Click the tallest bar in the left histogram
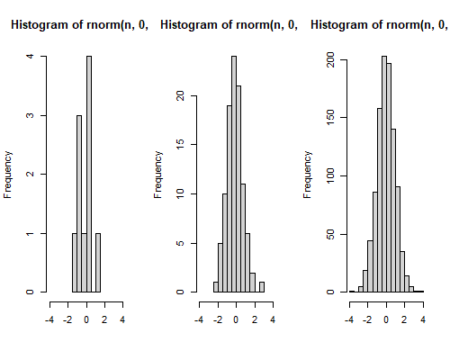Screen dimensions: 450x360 (x=89, y=174)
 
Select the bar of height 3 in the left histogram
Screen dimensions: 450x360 (x=79, y=203)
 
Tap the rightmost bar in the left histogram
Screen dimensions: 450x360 (x=98, y=263)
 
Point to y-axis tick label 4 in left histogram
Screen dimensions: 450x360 (x=31, y=56)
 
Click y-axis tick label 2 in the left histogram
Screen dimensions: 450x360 (x=31, y=174)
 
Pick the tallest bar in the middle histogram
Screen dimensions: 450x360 (x=234, y=174)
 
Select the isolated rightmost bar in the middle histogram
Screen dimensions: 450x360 (x=262, y=287)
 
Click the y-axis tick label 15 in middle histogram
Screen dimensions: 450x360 (x=180, y=145)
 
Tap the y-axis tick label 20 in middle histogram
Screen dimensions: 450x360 (x=180, y=95)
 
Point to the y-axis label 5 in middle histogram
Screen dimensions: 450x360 (x=180, y=243)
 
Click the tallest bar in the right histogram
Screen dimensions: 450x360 (x=384, y=174)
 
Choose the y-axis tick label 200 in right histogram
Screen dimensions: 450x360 (x=330, y=59)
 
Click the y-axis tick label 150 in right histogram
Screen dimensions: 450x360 (x=330, y=117)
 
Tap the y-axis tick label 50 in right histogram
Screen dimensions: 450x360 (x=330, y=234)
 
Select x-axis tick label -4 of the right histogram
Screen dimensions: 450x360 (x=349, y=320)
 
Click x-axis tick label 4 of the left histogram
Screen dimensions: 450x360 (x=122, y=320)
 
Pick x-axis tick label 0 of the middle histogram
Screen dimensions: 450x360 (x=236, y=320)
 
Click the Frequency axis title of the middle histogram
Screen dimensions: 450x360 (x=158, y=175)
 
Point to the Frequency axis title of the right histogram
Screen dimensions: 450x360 (x=308, y=175)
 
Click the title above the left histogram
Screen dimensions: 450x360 (x=80, y=25)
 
